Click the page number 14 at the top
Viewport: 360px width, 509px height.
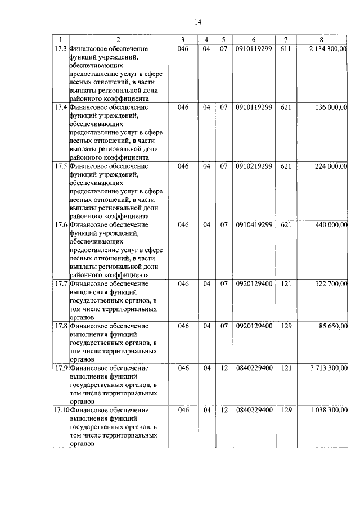click(x=197, y=22)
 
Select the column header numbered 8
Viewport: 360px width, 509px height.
click(x=321, y=39)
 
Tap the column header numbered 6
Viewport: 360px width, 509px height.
click(x=254, y=39)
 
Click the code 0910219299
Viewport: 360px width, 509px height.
click(x=254, y=166)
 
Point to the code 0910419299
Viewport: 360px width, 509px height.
click(x=254, y=224)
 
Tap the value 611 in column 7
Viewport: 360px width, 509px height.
click(x=286, y=49)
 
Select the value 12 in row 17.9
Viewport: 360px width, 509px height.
click(x=223, y=368)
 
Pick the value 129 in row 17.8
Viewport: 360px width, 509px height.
click(x=286, y=326)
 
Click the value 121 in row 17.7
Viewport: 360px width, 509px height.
click(x=286, y=283)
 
